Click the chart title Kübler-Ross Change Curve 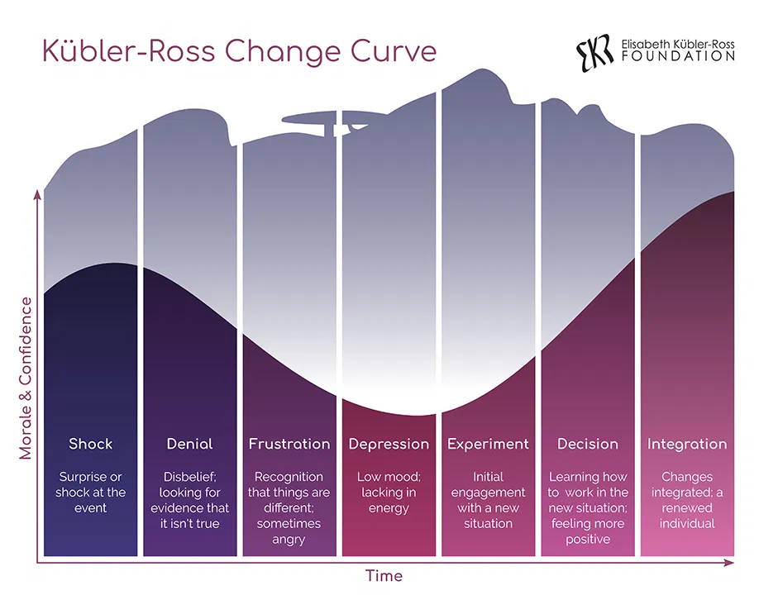tap(239, 51)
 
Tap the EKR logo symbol tap(594, 51)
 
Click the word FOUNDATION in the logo tap(680, 56)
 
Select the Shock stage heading tap(90, 444)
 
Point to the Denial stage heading tap(189, 444)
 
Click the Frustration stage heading tap(289, 444)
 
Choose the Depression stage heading tap(389, 444)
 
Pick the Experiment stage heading tap(488, 444)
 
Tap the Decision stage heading tap(588, 444)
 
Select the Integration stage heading tap(687, 444)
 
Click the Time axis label tap(384, 575)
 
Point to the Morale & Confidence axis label tap(26, 377)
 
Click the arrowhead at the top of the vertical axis tap(37, 193)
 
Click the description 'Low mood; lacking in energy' tap(389, 493)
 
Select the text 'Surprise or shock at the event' tap(90, 493)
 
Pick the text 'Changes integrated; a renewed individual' tap(687, 500)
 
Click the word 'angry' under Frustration tap(288, 540)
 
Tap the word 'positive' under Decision tap(588, 540)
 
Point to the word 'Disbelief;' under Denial tap(189, 477)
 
